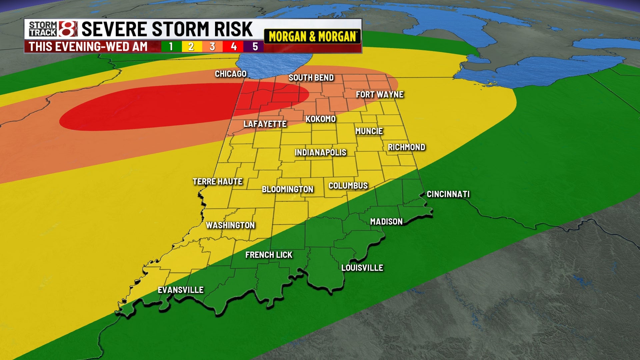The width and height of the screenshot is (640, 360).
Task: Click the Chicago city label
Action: click(230, 74)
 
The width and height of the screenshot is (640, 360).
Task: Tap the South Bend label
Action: click(311, 78)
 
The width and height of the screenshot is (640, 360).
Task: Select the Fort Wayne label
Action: click(380, 95)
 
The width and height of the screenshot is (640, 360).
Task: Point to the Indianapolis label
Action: click(320, 153)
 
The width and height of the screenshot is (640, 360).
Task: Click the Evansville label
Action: click(181, 290)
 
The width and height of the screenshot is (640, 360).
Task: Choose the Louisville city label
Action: click(362, 268)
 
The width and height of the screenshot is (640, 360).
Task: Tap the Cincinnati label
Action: click(448, 194)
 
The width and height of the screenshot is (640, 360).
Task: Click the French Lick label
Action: click(269, 255)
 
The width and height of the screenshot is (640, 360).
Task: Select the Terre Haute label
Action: click(218, 182)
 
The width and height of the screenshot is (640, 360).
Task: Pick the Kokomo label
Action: click(320, 119)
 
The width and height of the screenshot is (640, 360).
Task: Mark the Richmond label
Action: click(406, 147)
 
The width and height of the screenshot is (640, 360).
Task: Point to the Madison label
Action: click(386, 222)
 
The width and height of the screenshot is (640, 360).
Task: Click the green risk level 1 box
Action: click(171, 46)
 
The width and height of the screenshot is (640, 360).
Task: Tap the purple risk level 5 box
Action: click(255, 46)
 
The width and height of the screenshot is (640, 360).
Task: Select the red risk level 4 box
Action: click(234, 46)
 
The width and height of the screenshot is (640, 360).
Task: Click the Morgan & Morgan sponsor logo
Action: click(312, 36)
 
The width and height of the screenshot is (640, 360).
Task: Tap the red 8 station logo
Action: click(68, 29)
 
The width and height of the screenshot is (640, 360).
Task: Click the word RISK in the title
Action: click(233, 29)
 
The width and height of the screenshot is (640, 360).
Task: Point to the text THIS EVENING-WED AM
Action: click(88, 47)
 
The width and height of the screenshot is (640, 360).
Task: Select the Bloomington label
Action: click(287, 189)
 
